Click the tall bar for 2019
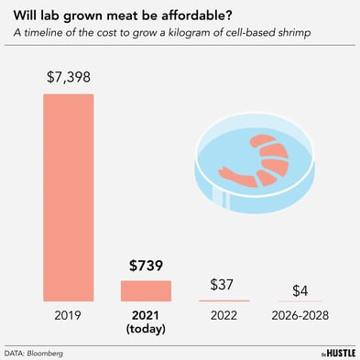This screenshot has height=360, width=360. click(x=69, y=197)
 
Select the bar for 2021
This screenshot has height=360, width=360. click(x=145, y=290)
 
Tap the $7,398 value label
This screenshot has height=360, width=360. click(x=69, y=80)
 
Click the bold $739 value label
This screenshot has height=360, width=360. click(x=145, y=267)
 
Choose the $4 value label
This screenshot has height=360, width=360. click(x=300, y=290)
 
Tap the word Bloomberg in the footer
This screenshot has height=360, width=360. click(x=53, y=352)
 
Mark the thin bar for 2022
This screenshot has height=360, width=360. click(x=224, y=300)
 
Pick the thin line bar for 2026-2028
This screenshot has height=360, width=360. click(x=300, y=301)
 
